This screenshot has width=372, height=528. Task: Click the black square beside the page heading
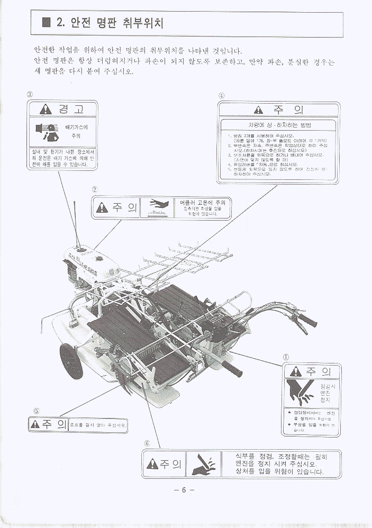coord(46,23)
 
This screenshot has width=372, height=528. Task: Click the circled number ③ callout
coord(30,95)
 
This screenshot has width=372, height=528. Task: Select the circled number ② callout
coord(94,189)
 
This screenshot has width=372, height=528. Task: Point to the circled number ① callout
coord(286,357)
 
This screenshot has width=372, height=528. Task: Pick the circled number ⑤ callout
coord(37,411)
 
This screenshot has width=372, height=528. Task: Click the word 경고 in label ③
coord(70,110)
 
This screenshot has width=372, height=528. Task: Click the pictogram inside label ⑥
coord(204,463)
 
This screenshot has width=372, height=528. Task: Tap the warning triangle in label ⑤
coord(36,424)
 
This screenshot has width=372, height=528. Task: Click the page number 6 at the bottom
coord(184,489)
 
